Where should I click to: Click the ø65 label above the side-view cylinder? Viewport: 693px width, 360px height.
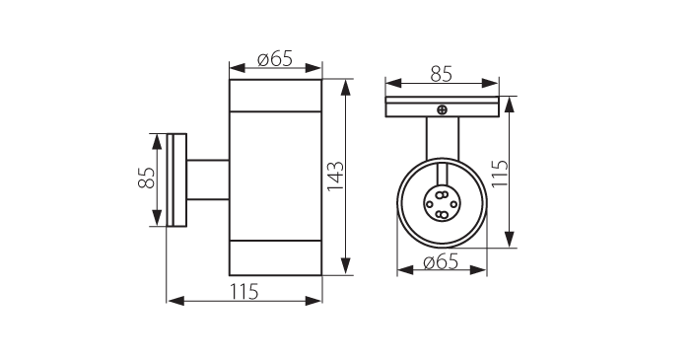click(x=275, y=58)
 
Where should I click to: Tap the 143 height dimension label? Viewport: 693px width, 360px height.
click(x=336, y=177)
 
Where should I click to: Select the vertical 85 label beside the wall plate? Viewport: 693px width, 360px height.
click(x=147, y=178)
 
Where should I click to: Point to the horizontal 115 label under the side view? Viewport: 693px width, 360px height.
click(x=243, y=291)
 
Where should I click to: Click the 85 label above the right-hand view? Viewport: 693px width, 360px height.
click(x=442, y=74)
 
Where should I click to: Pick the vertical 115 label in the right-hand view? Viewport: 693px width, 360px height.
click(x=501, y=174)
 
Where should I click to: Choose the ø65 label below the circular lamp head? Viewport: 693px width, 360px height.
click(x=441, y=262)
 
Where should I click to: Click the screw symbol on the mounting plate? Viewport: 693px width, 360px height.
click(x=442, y=109)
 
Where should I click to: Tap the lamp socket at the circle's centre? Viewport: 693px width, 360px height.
click(x=441, y=204)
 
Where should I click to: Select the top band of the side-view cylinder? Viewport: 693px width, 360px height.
click(x=275, y=96)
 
